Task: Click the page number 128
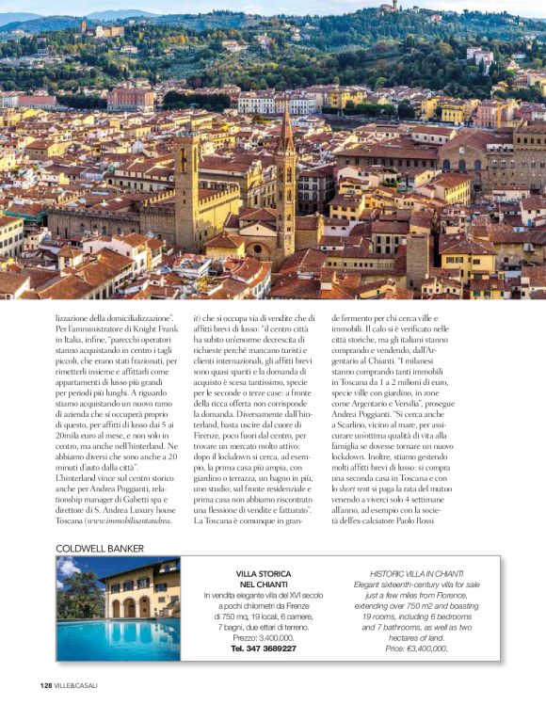(46, 684)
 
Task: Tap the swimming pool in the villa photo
(117, 637)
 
